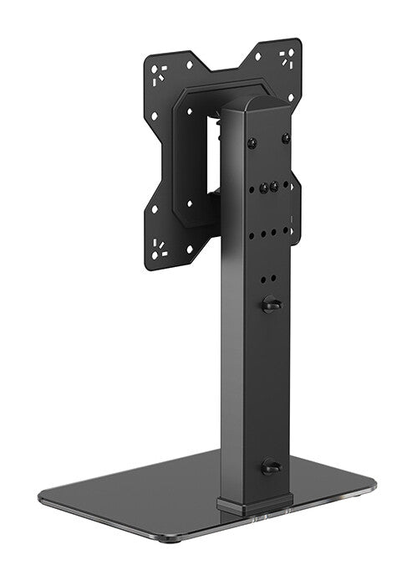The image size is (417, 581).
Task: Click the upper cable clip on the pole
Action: click(269, 305)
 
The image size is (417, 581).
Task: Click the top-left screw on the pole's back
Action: click(252, 142)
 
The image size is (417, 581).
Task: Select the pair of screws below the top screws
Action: click(269, 188)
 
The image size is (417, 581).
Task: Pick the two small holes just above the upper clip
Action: click(267, 279)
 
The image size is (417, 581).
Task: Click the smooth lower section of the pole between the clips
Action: click(255, 385)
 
